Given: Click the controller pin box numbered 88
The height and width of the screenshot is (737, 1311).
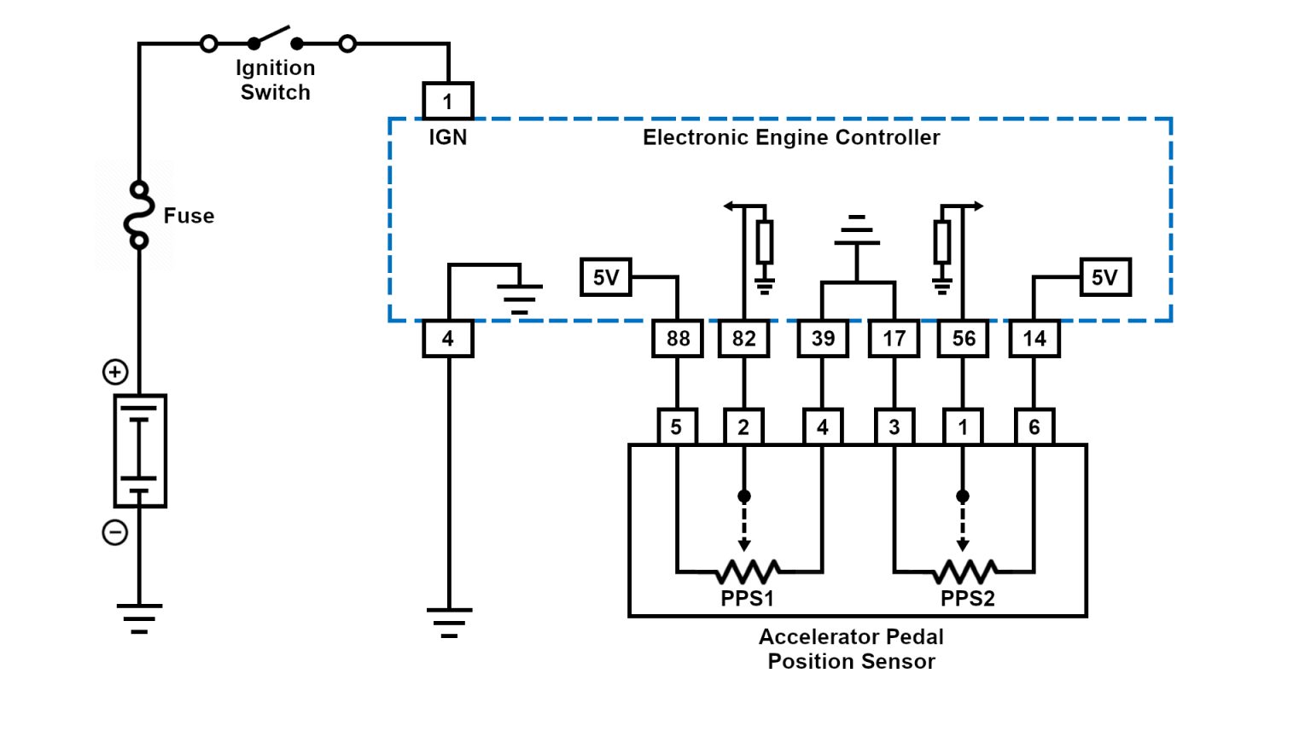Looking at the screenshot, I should pyautogui.click(x=678, y=339).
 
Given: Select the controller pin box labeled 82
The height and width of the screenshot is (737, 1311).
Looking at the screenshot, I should pyautogui.click(x=743, y=339).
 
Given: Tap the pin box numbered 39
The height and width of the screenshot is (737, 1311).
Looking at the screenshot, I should pyautogui.click(x=823, y=339).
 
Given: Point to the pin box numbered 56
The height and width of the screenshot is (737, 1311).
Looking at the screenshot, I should pyautogui.click(x=963, y=339).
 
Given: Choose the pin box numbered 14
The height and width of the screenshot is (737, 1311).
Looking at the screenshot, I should pyautogui.click(x=1034, y=339).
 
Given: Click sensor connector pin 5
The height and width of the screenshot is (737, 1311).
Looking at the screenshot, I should pyautogui.click(x=677, y=427).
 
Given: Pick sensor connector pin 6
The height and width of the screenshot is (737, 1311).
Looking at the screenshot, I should pyautogui.click(x=1034, y=427).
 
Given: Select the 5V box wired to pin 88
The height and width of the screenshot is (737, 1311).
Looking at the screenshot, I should pyautogui.click(x=605, y=277).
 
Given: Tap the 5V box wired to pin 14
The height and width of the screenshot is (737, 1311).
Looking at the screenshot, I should pyautogui.click(x=1104, y=277).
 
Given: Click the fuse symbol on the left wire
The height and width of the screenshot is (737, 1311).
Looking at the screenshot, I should pyautogui.click(x=138, y=215).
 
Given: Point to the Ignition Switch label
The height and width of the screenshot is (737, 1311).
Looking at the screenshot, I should pyautogui.click(x=275, y=80).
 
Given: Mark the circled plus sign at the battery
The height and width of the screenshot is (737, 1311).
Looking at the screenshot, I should pyautogui.click(x=115, y=372).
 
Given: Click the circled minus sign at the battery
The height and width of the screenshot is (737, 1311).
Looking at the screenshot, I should pyautogui.click(x=115, y=532).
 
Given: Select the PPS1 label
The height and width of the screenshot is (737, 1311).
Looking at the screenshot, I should pyautogui.click(x=747, y=599).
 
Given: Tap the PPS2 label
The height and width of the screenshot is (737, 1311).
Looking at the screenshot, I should pyautogui.click(x=967, y=599).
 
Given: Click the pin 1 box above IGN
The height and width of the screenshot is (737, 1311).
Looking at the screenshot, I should pyautogui.click(x=447, y=102).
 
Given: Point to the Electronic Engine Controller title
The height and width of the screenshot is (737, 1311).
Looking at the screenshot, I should pyautogui.click(x=790, y=137).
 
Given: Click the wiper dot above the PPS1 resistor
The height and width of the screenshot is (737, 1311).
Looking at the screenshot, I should pyautogui.click(x=744, y=496).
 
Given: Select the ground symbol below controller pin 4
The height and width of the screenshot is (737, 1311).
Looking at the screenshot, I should pyautogui.click(x=449, y=622).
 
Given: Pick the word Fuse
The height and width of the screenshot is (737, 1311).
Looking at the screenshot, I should pyautogui.click(x=189, y=216).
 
